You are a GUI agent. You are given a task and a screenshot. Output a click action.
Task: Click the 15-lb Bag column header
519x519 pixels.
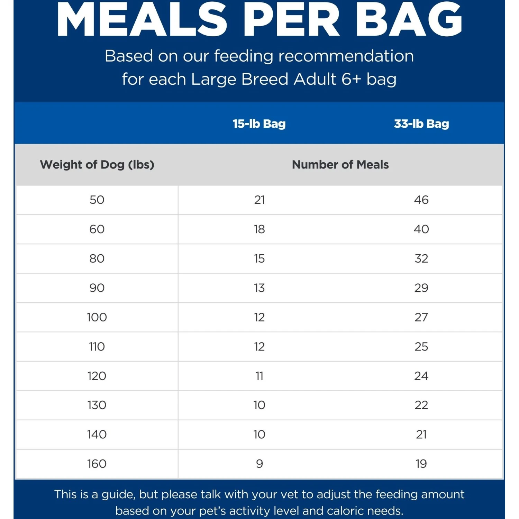pos(259,124)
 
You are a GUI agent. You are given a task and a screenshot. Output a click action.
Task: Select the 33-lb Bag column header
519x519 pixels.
pos(421,124)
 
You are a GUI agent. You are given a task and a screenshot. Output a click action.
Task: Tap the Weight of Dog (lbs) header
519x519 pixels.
pos(97,165)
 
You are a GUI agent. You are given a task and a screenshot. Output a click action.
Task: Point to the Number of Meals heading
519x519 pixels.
pos(340,165)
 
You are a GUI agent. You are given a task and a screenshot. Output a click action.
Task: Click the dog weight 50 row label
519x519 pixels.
pos(97,200)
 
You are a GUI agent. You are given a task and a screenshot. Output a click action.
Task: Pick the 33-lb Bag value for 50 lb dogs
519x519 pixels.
pos(421,200)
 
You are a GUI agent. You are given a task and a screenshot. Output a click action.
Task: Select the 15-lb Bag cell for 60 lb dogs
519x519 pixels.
pos(259,229)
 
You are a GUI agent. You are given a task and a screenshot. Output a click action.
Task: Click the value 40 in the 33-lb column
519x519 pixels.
pos(421,229)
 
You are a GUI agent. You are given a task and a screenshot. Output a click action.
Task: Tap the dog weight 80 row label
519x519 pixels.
pos(97,259)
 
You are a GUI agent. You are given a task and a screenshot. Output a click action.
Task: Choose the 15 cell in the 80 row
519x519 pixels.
pos(259,259)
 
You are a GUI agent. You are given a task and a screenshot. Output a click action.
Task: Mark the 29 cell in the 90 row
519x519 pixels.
pos(421,288)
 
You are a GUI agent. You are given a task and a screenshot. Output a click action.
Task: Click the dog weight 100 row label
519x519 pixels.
pos(97,317)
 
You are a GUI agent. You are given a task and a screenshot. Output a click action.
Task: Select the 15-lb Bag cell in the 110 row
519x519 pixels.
pos(259,347)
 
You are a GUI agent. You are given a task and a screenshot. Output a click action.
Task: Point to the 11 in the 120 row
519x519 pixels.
pos(259,376)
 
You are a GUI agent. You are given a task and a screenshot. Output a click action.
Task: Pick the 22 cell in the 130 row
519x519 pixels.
pos(421,405)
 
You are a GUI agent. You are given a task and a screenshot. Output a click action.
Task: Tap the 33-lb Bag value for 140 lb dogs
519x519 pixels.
pos(421,435)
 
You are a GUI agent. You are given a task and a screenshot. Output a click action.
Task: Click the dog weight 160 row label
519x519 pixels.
pos(97,464)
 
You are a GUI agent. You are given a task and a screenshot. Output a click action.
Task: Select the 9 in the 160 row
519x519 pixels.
pos(259,464)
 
